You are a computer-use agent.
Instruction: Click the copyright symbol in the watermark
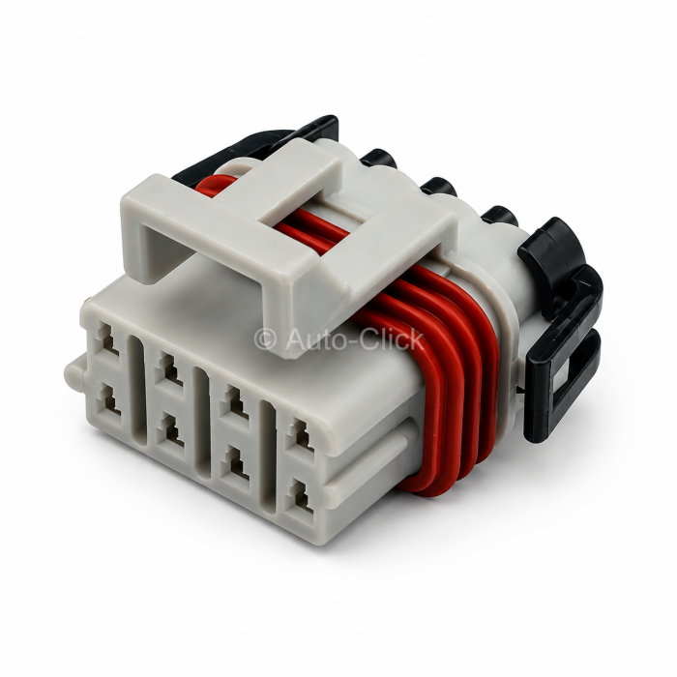(265, 339)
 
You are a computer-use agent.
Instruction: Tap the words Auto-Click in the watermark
(354, 338)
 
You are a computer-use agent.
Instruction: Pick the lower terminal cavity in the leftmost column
(109, 400)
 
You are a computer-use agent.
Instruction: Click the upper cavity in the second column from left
(169, 369)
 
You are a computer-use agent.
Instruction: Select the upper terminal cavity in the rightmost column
(302, 435)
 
